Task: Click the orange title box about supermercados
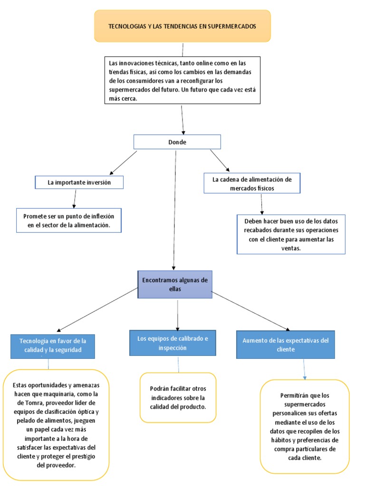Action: (182, 26)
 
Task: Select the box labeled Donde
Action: (177, 142)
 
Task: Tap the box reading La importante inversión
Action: (79, 182)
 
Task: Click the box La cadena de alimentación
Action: (252, 183)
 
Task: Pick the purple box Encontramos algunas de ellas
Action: (175, 285)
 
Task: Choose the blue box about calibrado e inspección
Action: (173, 343)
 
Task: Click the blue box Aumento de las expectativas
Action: (285, 345)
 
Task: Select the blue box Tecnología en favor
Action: (53, 346)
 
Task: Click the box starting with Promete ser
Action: (68, 220)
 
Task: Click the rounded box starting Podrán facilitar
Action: (178, 397)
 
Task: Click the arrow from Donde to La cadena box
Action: (220, 160)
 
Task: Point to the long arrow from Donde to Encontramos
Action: (175, 209)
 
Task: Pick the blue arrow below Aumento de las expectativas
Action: (304, 369)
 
